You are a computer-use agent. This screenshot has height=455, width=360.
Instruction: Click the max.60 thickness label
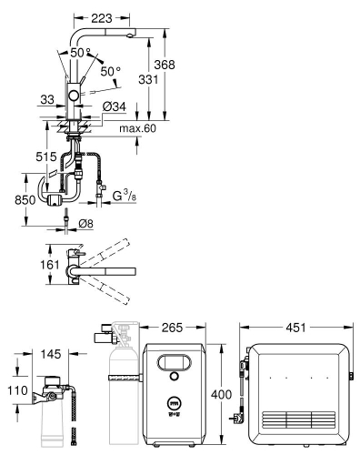coord(136,128)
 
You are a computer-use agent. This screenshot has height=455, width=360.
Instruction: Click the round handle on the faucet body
coord(73,96)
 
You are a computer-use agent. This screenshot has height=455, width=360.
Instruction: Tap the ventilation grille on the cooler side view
coord(295,418)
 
